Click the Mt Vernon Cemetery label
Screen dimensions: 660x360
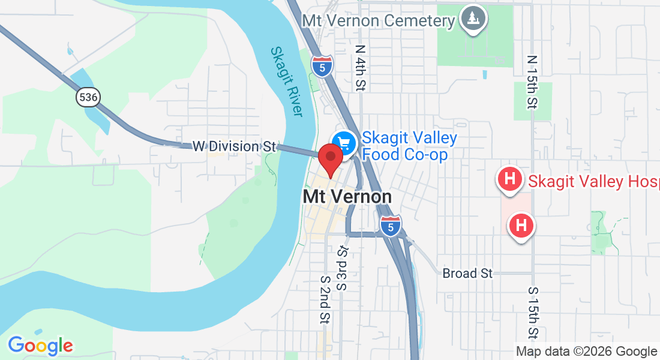pyautogui.click(x=379, y=20)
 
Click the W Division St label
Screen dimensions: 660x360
pyautogui.click(x=233, y=146)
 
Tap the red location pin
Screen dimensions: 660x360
pyautogui.click(x=330, y=160)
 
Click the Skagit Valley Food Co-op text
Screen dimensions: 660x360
pyautogui.click(x=409, y=146)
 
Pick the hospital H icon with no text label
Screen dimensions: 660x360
pyautogui.click(x=521, y=226)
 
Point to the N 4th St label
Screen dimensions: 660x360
pyautogui.click(x=360, y=67)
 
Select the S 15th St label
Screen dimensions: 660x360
pyautogui.click(x=533, y=311)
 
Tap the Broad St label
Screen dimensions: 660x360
pyautogui.click(x=467, y=274)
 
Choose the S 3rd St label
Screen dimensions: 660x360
pyautogui.click(x=343, y=268)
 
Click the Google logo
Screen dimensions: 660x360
pyautogui.click(x=40, y=346)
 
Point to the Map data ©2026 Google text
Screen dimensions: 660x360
pyautogui.click(x=586, y=352)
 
